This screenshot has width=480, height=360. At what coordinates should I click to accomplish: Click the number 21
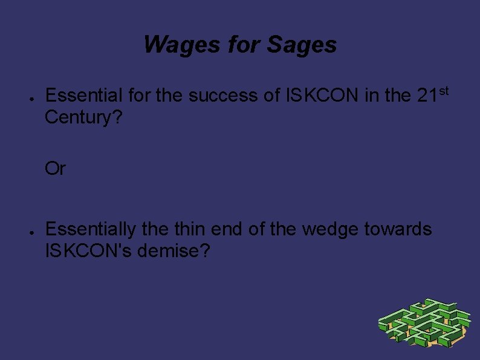[x=427, y=96]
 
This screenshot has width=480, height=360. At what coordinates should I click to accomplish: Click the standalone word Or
[x=55, y=169]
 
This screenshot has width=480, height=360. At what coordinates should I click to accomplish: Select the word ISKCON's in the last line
[x=89, y=249]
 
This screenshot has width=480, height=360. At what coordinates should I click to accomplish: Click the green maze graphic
[x=424, y=323]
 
